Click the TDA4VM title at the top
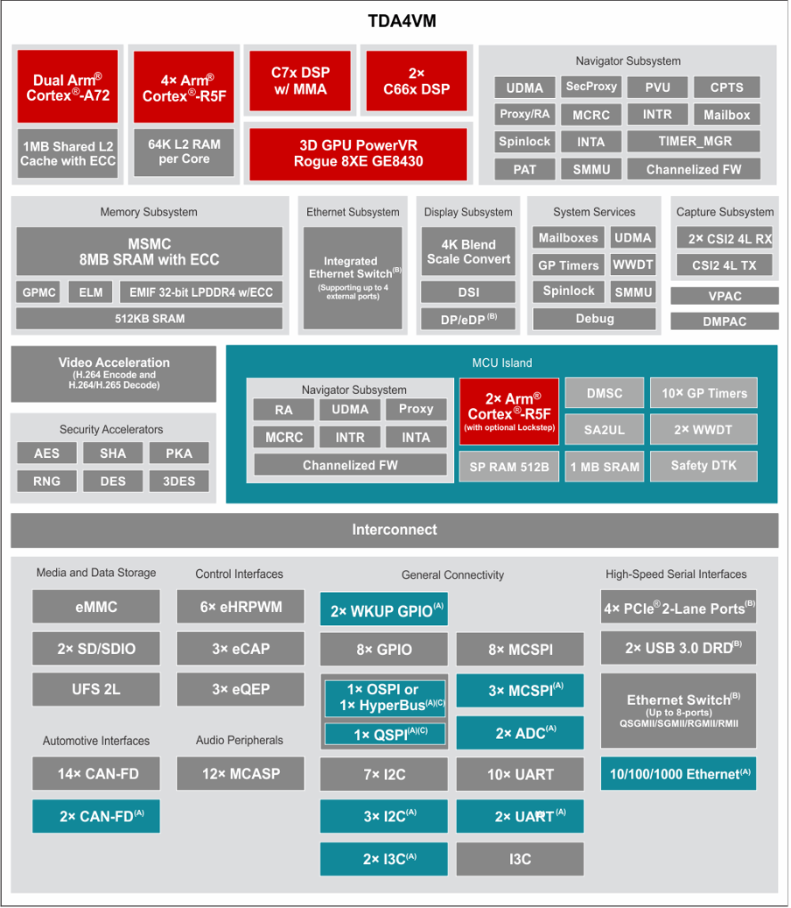[x=402, y=21]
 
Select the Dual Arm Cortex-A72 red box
[x=67, y=87]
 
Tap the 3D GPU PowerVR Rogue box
[x=358, y=153]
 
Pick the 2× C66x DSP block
[x=416, y=81]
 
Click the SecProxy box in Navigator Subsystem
[x=591, y=87]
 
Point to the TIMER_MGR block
[x=694, y=141]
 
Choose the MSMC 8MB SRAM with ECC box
[x=150, y=251]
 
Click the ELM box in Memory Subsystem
[x=91, y=292]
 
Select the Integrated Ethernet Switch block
[x=353, y=278]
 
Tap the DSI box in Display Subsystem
[x=468, y=292]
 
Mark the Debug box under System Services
[x=594, y=319]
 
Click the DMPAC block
[x=724, y=321]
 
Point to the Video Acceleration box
[x=114, y=374]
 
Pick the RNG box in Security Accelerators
[x=47, y=482]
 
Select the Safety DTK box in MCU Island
[x=703, y=466]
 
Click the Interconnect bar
[x=395, y=530]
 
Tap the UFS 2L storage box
[x=96, y=689]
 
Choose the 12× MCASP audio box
[x=241, y=773]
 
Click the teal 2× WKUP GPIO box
[x=384, y=609]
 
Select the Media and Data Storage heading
[x=96, y=573]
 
